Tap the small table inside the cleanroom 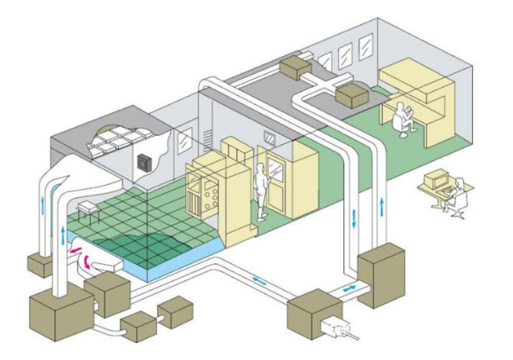87,207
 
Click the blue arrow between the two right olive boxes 349,290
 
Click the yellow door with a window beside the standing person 277,183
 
